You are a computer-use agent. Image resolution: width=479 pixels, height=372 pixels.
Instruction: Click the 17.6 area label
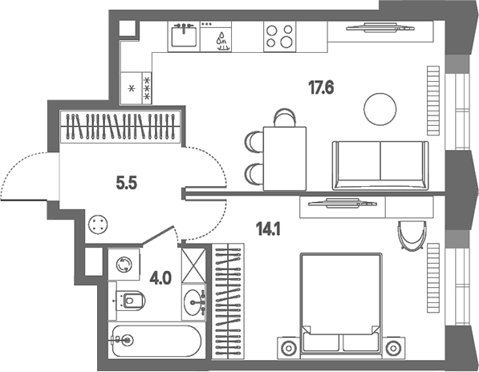[321, 87]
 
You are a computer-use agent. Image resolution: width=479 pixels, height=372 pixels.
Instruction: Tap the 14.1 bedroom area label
[269, 228]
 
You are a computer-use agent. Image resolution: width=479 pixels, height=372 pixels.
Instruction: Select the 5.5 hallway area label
[127, 184]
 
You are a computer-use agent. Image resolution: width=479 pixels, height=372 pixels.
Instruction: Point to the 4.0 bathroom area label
[160, 278]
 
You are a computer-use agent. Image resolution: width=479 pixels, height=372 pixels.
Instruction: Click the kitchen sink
[184, 36]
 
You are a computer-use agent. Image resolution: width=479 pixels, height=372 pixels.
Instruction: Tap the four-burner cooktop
[279, 36]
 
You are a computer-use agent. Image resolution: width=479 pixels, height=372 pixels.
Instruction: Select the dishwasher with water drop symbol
[216, 36]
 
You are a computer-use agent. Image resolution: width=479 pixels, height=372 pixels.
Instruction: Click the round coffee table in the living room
[380, 109]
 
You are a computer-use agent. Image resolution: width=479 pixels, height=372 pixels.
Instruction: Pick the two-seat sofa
[380, 165]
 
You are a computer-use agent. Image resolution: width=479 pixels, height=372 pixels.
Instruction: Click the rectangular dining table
[285, 159]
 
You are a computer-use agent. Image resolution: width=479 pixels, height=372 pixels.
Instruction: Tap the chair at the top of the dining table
[285, 118]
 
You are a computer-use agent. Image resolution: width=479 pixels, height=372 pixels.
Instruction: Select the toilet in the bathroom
[130, 301]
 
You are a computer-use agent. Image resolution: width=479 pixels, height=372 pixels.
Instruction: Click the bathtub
[156, 341]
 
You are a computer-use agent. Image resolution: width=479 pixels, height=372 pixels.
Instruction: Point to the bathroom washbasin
[193, 302]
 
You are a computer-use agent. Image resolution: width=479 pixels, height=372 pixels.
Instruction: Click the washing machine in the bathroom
[124, 265]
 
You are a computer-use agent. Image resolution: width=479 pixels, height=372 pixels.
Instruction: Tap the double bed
[341, 305]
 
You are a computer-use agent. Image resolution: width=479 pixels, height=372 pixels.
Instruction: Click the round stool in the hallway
[98, 225]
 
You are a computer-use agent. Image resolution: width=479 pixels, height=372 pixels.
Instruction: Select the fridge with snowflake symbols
[136, 88]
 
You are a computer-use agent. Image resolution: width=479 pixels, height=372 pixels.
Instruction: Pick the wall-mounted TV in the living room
[380, 28]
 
